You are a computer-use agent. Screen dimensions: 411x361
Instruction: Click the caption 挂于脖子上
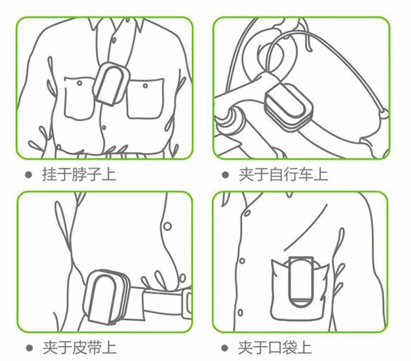click(x=79, y=174)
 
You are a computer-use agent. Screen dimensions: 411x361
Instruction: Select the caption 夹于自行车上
click(x=283, y=174)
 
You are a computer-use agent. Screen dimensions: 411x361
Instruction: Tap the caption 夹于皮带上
click(x=79, y=348)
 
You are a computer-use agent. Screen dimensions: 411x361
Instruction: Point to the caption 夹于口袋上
click(x=275, y=348)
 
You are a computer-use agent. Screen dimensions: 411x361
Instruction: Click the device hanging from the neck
click(x=111, y=84)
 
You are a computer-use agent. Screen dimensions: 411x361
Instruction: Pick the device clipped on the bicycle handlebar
click(x=289, y=107)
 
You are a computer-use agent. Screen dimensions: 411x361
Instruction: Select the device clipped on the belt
click(x=107, y=297)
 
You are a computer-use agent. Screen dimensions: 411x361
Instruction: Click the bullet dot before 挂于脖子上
click(x=28, y=174)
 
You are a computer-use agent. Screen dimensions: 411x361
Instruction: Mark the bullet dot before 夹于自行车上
click(x=225, y=174)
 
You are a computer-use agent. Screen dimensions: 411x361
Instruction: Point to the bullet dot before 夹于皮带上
click(x=30, y=348)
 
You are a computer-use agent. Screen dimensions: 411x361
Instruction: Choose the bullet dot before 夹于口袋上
click(x=225, y=348)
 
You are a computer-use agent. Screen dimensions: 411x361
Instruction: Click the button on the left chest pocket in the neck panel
click(x=79, y=83)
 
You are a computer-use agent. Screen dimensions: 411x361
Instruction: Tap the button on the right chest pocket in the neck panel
click(x=145, y=85)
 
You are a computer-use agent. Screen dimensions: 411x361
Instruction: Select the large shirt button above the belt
click(x=168, y=226)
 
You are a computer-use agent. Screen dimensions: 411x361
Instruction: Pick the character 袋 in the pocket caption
click(x=290, y=348)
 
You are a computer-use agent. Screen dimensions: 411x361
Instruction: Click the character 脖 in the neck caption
click(x=79, y=174)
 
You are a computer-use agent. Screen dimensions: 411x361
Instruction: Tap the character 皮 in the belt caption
click(x=79, y=348)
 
